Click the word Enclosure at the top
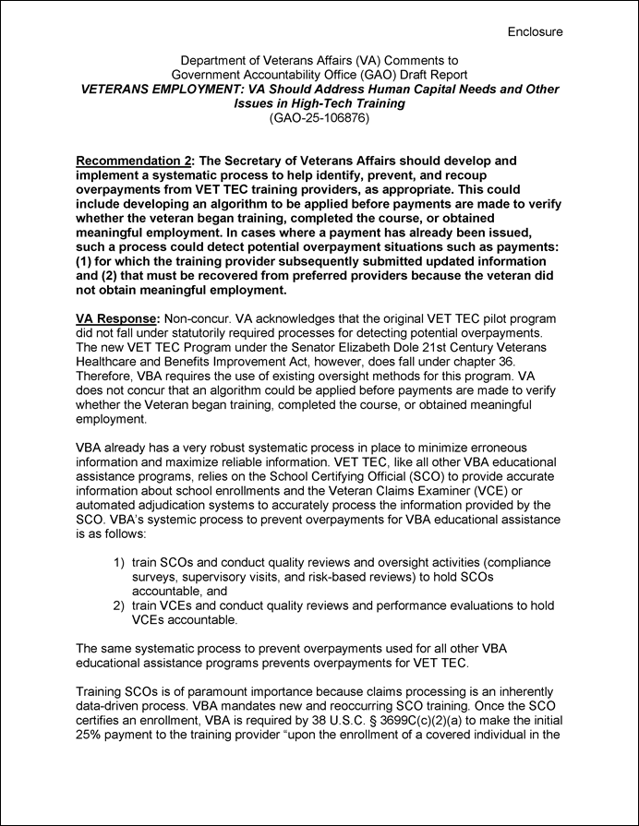pyautogui.click(x=535, y=31)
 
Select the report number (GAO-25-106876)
pyautogui.click(x=319, y=117)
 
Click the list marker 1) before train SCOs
pyautogui.click(x=119, y=561)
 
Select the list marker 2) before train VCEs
pyautogui.click(x=119, y=605)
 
